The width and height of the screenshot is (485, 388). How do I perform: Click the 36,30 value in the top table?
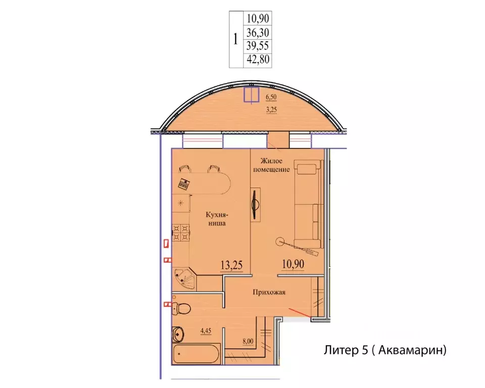(258, 32)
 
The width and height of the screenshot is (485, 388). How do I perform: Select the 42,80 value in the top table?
(258, 59)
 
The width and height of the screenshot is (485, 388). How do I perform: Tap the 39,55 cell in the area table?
(258, 45)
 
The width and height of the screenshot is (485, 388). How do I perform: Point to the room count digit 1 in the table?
(236, 39)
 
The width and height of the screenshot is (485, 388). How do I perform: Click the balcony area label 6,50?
(271, 97)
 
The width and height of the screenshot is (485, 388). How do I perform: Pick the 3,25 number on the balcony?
(271, 110)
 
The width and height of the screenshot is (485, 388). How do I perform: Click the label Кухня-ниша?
(217, 219)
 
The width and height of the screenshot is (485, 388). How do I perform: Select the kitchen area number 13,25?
(231, 265)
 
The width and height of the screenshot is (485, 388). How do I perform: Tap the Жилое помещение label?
(271, 165)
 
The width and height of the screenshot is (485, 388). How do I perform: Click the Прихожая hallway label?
(269, 292)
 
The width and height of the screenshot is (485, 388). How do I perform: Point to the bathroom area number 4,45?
(206, 331)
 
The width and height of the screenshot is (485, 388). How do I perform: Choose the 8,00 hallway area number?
(248, 342)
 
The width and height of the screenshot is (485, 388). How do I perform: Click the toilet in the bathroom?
(181, 308)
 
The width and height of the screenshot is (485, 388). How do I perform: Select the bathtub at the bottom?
(197, 354)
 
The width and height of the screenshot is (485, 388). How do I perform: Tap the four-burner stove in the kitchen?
(181, 233)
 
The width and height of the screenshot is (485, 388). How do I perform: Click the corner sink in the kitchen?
(185, 279)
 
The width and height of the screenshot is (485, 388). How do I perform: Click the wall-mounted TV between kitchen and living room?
(255, 205)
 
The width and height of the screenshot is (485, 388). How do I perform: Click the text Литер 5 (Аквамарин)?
(385, 350)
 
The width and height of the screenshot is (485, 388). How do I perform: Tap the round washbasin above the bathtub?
(178, 333)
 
